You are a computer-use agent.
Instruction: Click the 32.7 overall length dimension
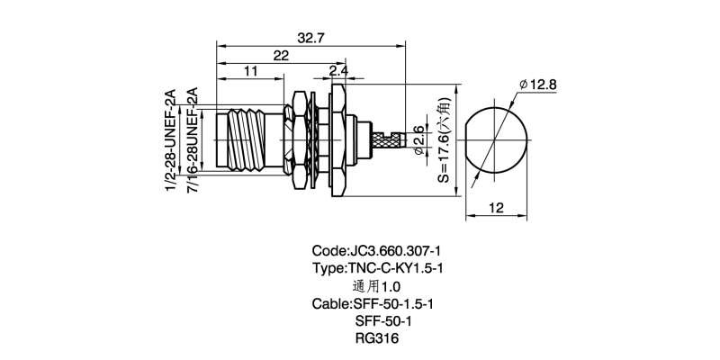click(x=310, y=37)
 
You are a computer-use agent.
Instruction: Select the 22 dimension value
click(x=282, y=56)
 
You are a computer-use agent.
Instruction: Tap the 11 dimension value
click(x=250, y=71)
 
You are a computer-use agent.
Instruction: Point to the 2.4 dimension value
click(x=338, y=71)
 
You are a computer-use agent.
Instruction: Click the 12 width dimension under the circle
click(x=495, y=207)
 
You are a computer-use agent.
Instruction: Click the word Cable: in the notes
click(x=331, y=303)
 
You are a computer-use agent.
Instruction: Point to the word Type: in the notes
click(x=328, y=268)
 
